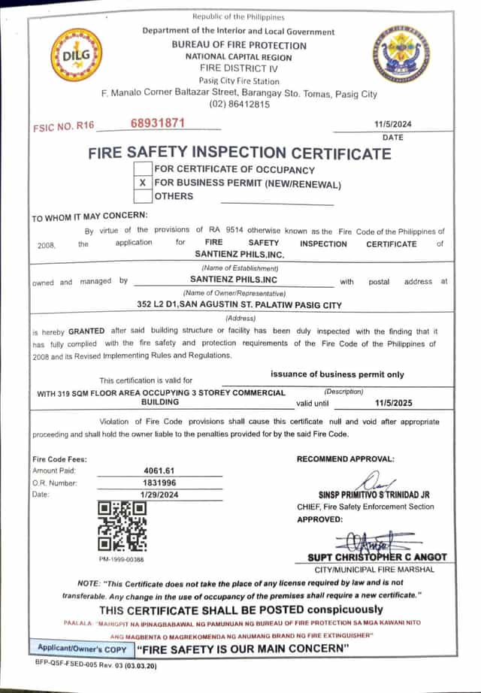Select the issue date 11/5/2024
coord(393,124)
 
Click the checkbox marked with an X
coord(143,183)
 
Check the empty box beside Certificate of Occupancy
coord(143,170)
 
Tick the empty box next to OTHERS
coord(143,197)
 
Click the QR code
coord(122,526)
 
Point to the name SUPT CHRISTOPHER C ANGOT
coord(377,557)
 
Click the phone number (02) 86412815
coord(240,104)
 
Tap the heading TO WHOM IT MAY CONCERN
coord(89,219)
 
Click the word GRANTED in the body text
coord(86,331)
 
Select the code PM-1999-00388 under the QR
coord(121,560)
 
